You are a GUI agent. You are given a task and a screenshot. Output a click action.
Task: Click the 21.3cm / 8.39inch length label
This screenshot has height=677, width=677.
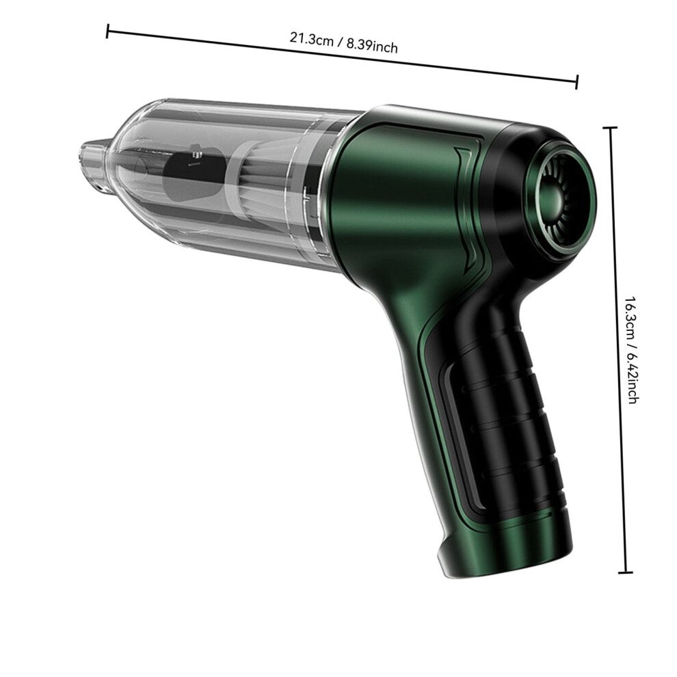[343, 42]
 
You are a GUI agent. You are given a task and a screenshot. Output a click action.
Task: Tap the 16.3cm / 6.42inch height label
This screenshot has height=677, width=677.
[631, 349]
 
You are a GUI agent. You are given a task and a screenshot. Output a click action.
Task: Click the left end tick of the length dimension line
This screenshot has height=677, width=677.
[107, 31]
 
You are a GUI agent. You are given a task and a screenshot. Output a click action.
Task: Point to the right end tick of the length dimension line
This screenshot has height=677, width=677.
[577, 81]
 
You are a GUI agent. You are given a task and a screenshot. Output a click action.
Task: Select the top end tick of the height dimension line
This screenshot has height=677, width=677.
[610, 128]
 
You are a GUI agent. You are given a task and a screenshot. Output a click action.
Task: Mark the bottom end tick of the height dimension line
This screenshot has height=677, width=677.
[625, 572]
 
